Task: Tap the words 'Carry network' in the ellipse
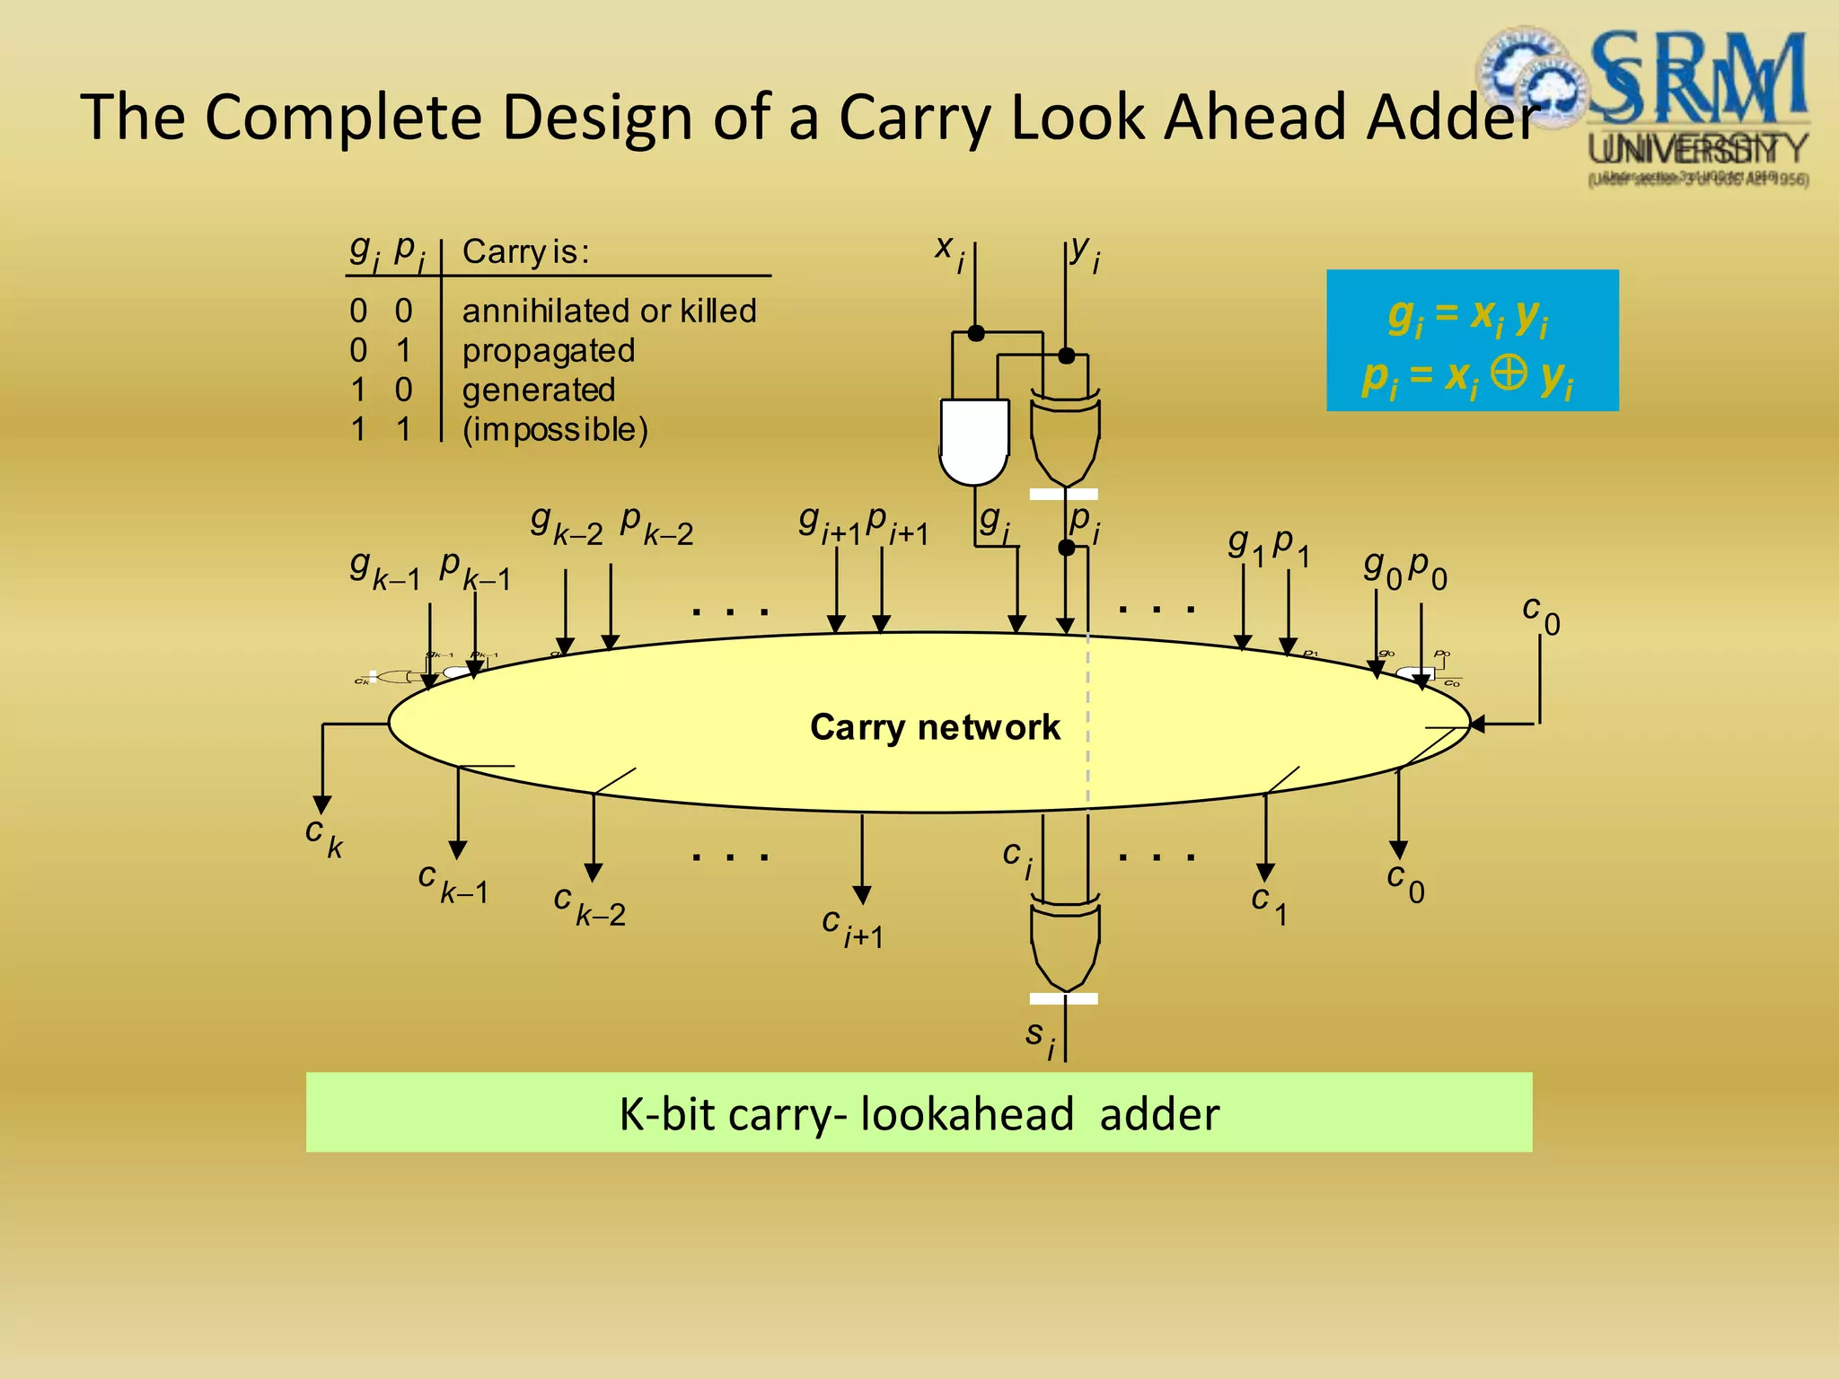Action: tap(935, 727)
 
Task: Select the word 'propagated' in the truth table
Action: tap(549, 350)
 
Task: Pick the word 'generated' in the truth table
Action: tap(539, 390)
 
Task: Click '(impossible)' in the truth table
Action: tap(555, 429)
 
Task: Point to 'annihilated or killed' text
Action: tap(609, 311)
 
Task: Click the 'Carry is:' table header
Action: tap(525, 251)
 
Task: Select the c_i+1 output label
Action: tap(852, 927)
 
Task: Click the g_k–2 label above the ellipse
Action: tap(566, 524)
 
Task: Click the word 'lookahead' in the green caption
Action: tap(966, 1114)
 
